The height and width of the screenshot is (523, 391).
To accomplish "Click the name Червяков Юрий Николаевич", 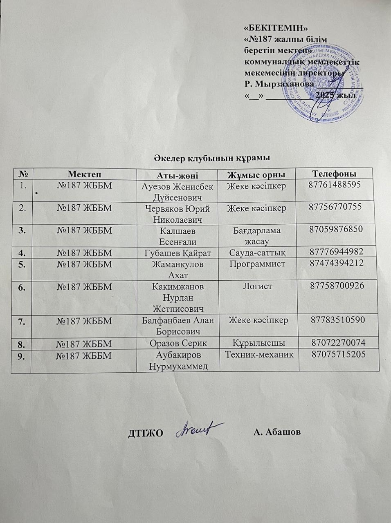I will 178,214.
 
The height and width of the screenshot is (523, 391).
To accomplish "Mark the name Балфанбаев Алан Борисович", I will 178,325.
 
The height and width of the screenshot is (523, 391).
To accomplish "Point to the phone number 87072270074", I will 338,342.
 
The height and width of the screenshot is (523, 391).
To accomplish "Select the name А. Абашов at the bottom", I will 277,432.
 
